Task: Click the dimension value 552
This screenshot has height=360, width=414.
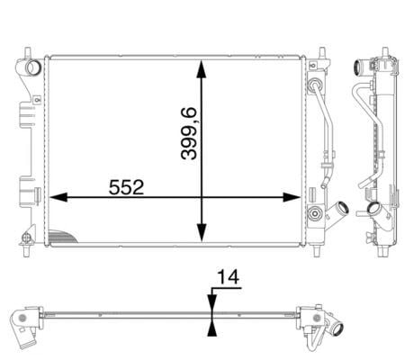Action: tap(126, 187)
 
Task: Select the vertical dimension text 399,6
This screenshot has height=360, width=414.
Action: tap(189, 133)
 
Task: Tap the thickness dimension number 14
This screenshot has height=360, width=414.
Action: tap(228, 276)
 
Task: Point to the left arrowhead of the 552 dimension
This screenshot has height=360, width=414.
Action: tap(58, 197)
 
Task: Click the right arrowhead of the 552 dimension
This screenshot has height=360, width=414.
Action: tap(292, 197)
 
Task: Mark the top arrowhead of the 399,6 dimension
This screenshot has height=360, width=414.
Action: tap(202, 69)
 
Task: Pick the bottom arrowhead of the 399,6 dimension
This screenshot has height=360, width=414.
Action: tap(202, 232)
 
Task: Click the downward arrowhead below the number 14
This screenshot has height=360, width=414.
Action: tap(212, 302)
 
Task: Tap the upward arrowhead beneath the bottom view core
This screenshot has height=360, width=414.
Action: tap(212, 328)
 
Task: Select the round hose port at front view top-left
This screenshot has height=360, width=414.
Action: tap(32, 67)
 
